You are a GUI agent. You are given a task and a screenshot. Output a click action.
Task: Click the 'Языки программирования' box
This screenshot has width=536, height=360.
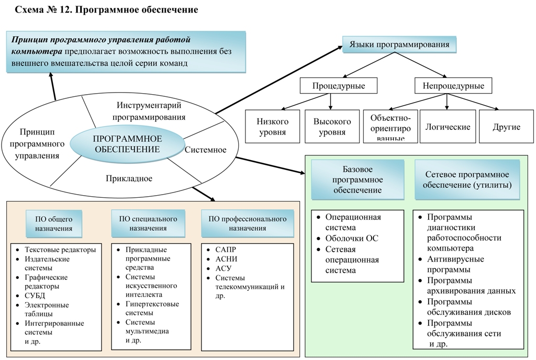tap(399, 45)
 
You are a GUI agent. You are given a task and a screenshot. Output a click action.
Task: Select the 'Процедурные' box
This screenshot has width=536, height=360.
tap(339, 86)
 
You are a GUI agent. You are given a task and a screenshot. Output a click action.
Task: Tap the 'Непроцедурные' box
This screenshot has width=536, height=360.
tap(449, 86)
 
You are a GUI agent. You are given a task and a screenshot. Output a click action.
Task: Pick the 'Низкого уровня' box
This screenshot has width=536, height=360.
tap(272, 127)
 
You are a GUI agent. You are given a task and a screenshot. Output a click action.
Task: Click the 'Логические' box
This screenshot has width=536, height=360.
tap(448, 127)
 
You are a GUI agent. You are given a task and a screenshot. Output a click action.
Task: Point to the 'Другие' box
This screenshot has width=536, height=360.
tap(506, 127)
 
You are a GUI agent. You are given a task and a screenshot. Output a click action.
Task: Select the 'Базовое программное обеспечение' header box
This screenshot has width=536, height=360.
tap(358, 180)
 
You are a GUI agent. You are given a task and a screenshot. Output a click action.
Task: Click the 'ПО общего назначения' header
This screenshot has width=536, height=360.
tap(54, 223)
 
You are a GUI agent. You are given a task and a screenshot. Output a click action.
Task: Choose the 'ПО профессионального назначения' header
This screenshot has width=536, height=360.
tap(244, 223)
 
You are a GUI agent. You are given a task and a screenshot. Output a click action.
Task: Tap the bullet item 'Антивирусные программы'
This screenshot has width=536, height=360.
tap(455, 264)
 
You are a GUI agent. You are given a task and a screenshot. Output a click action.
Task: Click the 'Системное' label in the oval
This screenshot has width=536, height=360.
tap(205, 150)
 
